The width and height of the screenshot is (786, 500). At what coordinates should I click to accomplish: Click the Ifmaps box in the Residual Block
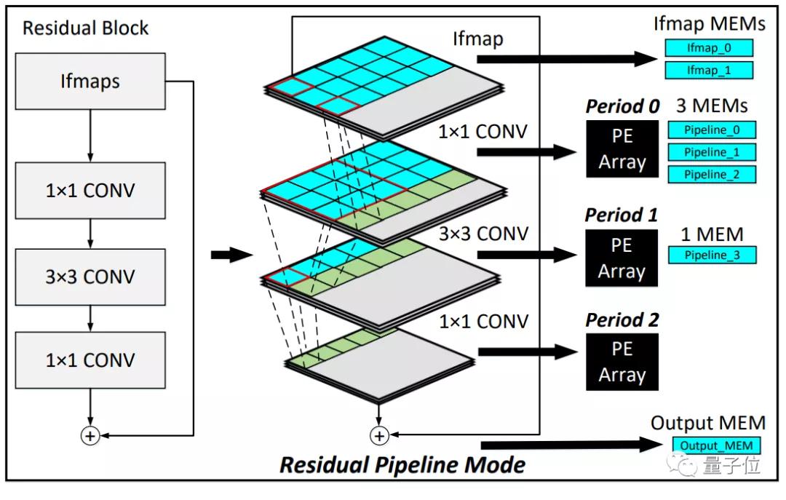pyautogui.click(x=90, y=81)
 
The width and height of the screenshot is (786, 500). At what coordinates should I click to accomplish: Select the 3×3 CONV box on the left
pyautogui.click(x=90, y=276)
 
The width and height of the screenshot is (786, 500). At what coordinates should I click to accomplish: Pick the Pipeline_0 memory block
pyautogui.click(x=711, y=130)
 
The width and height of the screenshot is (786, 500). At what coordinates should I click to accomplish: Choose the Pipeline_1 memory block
pyautogui.click(x=711, y=152)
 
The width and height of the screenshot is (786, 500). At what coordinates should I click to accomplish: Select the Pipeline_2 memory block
pyautogui.click(x=711, y=175)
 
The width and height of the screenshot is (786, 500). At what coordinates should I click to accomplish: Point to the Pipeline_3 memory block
pyautogui.click(x=711, y=255)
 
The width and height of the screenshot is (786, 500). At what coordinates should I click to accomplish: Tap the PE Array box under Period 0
pyautogui.click(x=622, y=149)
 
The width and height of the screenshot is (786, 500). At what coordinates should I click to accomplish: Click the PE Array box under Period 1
pyautogui.click(x=622, y=258)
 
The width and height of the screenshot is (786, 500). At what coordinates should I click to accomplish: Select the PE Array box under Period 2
pyautogui.click(x=622, y=362)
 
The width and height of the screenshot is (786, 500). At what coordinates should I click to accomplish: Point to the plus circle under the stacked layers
pyautogui.click(x=378, y=435)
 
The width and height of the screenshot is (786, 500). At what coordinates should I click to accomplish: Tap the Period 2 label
pyautogui.click(x=622, y=320)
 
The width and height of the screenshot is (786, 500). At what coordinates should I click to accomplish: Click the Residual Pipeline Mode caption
pyautogui.click(x=402, y=464)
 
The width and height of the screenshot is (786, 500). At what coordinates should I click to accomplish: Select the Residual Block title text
pyautogui.click(x=85, y=28)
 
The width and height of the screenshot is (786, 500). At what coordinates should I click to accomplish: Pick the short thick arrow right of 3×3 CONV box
pyautogui.click(x=231, y=255)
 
